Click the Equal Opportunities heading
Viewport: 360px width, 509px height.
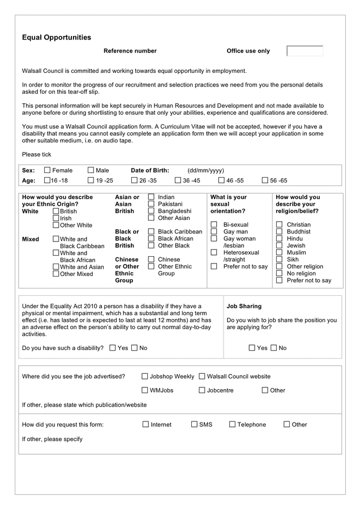click(x=56, y=37)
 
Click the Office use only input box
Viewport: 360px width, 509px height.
click(x=305, y=51)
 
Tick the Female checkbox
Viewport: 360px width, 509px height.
click(x=48, y=170)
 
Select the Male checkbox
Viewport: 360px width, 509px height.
click(x=91, y=170)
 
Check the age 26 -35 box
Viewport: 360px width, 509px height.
click(x=134, y=180)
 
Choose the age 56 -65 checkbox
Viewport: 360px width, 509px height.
click(x=265, y=180)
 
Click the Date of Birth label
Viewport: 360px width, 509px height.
click(x=149, y=170)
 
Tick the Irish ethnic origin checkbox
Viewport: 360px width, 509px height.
click(x=56, y=218)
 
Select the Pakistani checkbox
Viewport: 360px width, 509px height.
click(x=151, y=204)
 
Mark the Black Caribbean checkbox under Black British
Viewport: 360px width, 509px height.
click(x=151, y=232)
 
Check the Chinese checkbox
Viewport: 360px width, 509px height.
click(x=151, y=260)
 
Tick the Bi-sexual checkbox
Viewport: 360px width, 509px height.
click(x=214, y=225)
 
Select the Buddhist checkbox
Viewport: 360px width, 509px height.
click(x=280, y=232)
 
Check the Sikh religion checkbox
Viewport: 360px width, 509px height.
click(x=280, y=260)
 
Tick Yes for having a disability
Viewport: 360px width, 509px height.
click(x=113, y=348)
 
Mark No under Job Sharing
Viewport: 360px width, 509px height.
click(x=274, y=348)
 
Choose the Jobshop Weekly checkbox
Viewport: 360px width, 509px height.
click(x=145, y=376)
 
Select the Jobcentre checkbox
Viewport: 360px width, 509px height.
click(x=202, y=390)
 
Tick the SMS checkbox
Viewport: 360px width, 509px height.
click(x=194, y=424)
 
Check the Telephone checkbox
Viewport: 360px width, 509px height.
click(x=233, y=424)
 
